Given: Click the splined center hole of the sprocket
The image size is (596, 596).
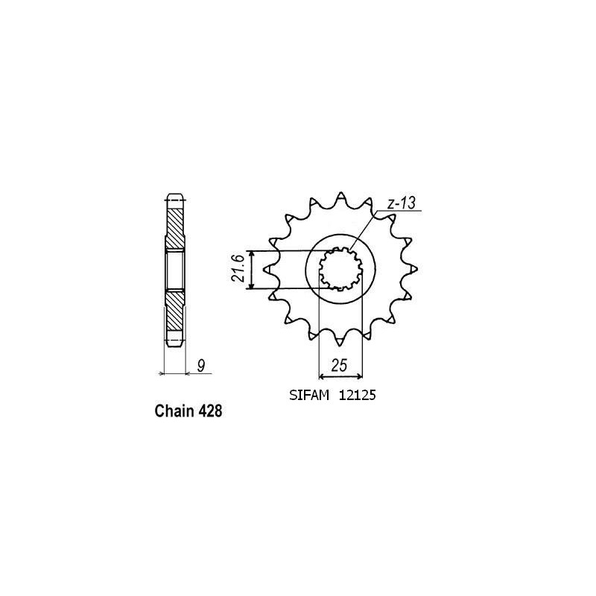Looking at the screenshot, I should coord(340,269).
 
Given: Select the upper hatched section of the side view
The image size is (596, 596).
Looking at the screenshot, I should coord(173,227).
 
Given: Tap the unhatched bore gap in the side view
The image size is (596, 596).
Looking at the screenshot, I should coord(173,270).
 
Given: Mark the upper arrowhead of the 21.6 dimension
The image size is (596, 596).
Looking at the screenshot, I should coord(254,254).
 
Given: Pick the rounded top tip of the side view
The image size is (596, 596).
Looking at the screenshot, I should coord(173,197).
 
